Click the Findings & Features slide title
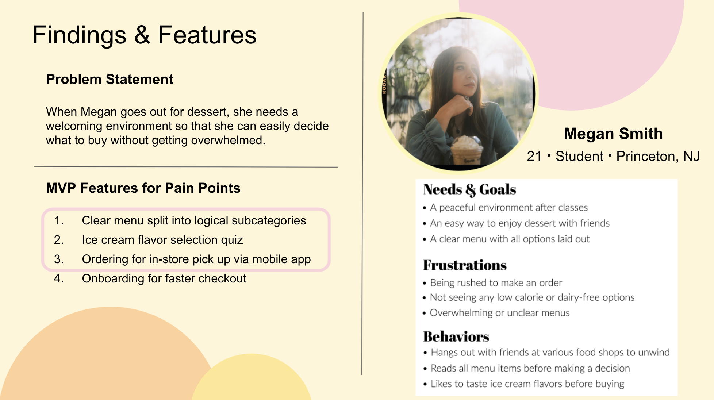[x=145, y=35]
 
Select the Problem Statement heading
[x=110, y=79]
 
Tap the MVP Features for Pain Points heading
[x=143, y=188]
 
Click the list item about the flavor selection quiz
[x=162, y=240]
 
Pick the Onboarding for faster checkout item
[x=164, y=278]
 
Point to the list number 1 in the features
[x=59, y=220]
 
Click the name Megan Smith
[x=613, y=134]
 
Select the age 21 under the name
[x=534, y=156]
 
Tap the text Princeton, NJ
[x=658, y=156]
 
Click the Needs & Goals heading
[x=469, y=190]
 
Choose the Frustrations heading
[x=465, y=265]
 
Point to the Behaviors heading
[x=456, y=336]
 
